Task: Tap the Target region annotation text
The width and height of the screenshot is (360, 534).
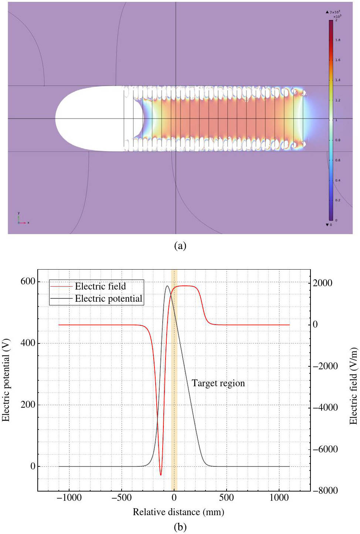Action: [x=218, y=383]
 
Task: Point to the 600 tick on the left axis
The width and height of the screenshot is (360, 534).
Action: [x=28, y=281]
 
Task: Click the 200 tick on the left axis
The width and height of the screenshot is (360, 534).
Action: [x=28, y=404]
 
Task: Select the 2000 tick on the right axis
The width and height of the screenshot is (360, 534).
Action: [x=322, y=283]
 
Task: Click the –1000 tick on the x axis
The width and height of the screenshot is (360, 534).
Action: [x=69, y=497]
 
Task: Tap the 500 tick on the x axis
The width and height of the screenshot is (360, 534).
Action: [x=226, y=497]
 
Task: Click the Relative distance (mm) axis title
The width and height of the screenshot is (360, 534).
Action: [x=178, y=512]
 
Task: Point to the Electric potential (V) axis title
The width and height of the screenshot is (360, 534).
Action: [x=6, y=380]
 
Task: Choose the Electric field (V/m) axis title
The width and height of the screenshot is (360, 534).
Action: [x=353, y=386]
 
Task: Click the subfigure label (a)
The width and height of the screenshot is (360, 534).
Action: [x=180, y=246]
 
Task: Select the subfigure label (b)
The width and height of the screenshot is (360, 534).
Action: [x=180, y=527]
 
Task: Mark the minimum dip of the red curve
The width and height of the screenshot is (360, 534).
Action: [x=161, y=475]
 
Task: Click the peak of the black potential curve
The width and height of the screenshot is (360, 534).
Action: [x=167, y=286]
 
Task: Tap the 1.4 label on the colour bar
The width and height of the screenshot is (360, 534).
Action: [x=338, y=80]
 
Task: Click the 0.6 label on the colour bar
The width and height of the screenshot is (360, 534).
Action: [x=338, y=160]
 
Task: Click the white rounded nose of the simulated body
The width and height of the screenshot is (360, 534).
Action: [x=74, y=119]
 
